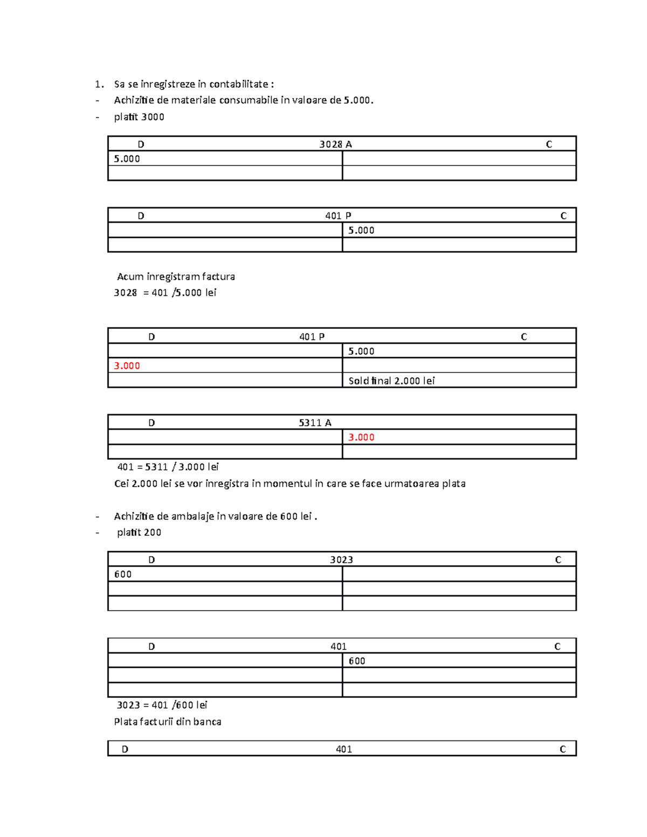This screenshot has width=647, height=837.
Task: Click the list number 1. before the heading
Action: click(99, 84)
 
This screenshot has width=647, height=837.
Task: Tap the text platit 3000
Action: click(139, 117)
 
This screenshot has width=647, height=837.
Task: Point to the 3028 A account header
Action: click(335, 144)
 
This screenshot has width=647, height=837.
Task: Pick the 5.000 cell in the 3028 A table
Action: click(127, 158)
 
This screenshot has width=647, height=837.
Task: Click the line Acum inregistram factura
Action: click(176, 276)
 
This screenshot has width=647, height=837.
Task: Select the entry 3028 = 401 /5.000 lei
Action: click(165, 293)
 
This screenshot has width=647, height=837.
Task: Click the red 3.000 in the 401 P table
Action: click(127, 365)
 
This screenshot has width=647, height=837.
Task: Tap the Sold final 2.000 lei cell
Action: click(391, 381)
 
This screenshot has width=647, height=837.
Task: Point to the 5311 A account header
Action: click(315, 423)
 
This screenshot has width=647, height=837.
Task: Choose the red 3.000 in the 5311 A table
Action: click(361, 437)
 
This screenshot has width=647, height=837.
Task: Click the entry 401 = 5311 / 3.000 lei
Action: click(168, 467)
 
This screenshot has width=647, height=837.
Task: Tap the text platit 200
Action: click(139, 532)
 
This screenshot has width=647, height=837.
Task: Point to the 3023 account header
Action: click(341, 559)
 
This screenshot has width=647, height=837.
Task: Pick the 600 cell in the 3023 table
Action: click(123, 574)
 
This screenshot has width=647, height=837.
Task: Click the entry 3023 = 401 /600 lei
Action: click(162, 705)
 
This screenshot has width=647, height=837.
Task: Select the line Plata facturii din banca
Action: click(168, 722)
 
